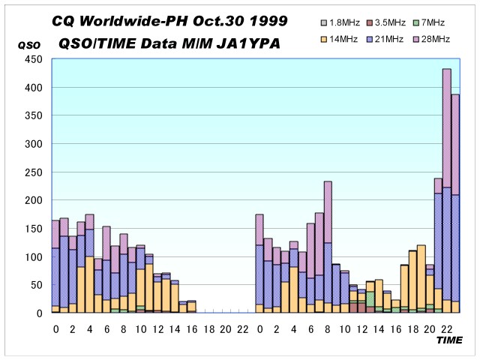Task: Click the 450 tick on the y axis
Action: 34,60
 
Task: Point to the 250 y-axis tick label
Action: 34,172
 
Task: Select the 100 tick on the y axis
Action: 34,257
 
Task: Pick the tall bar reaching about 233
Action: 328,247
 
